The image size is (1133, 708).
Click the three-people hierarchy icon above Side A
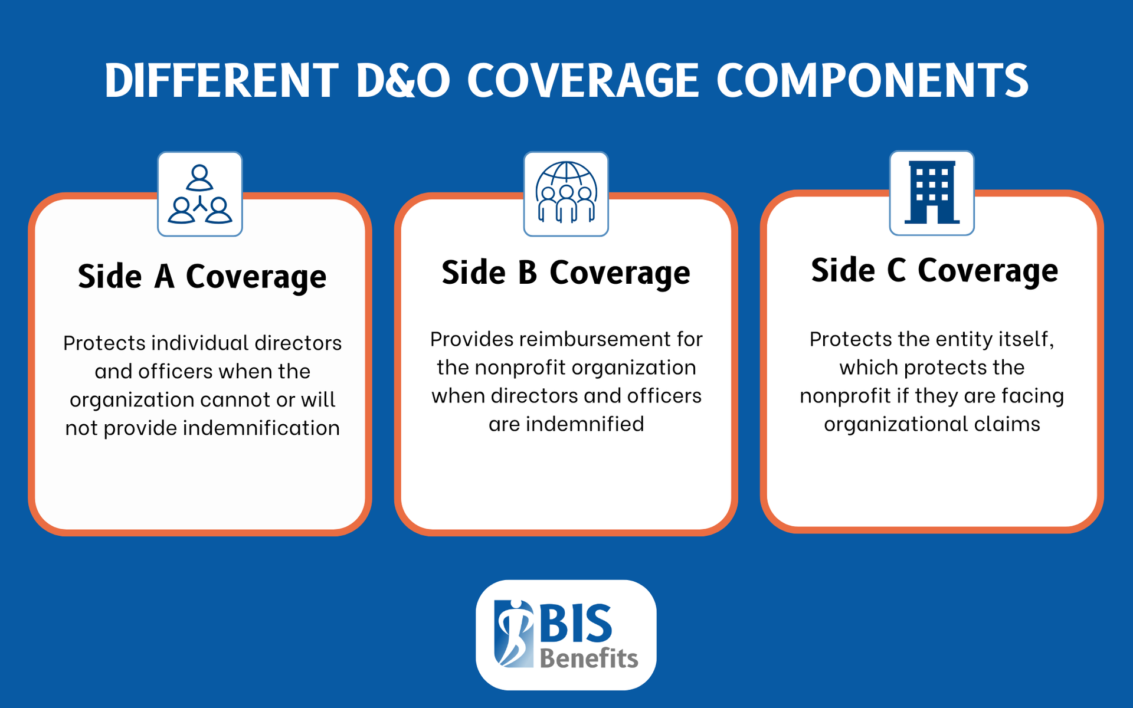click(200, 194)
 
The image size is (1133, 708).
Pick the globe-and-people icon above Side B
click(566, 194)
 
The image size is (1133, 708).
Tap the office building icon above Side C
click(932, 193)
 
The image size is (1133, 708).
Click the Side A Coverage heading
click(202, 276)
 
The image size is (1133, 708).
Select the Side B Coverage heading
click(566, 273)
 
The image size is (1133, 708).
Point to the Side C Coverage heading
click(934, 270)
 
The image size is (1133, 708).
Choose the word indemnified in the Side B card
click(585, 424)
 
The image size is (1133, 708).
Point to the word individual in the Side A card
click(200, 343)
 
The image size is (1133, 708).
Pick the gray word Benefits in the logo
click(589, 658)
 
